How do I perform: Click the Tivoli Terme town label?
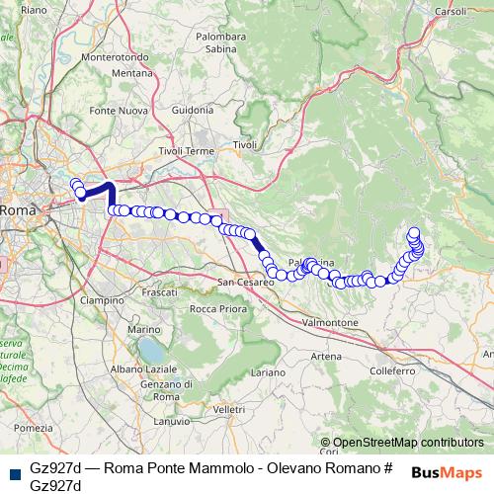(x=186, y=151)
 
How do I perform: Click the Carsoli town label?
(x=449, y=12)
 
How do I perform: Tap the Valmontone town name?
(x=329, y=323)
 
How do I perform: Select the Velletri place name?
(x=227, y=408)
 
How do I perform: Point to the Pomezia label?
(x=33, y=428)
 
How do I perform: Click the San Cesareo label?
(x=246, y=283)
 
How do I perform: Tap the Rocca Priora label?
(x=218, y=309)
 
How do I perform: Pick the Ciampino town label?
(x=102, y=299)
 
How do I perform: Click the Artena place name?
(x=326, y=356)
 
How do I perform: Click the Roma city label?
(x=16, y=210)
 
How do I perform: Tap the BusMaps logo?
(x=447, y=471)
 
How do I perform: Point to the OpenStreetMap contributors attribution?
(x=407, y=443)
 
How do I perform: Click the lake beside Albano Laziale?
(x=151, y=349)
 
